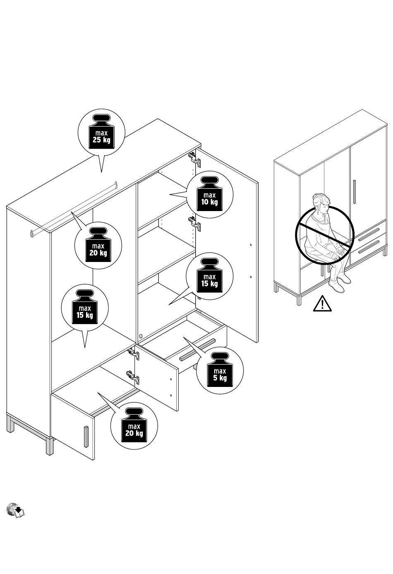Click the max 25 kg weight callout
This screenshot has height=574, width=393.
(x=101, y=132)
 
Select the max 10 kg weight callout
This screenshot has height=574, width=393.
(x=209, y=194)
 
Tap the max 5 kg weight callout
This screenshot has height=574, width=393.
(x=220, y=370)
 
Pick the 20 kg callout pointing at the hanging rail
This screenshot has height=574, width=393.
(x=98, y=245)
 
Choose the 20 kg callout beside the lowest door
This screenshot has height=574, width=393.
(x=134, y=426)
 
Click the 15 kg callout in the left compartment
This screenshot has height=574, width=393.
(x=85, y=307)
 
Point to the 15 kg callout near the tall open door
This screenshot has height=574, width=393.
(x=209, y=276)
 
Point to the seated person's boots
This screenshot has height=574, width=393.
(x=340, y=284)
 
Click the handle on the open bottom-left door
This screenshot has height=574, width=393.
(x=86, y=436)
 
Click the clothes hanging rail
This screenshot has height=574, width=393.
(x=74, y=207)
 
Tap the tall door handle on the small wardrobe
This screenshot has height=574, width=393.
(x=355, y=192)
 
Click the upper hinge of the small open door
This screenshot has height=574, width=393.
(x=133, y=353)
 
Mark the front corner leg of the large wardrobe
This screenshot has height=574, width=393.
(x=50, y=447)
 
